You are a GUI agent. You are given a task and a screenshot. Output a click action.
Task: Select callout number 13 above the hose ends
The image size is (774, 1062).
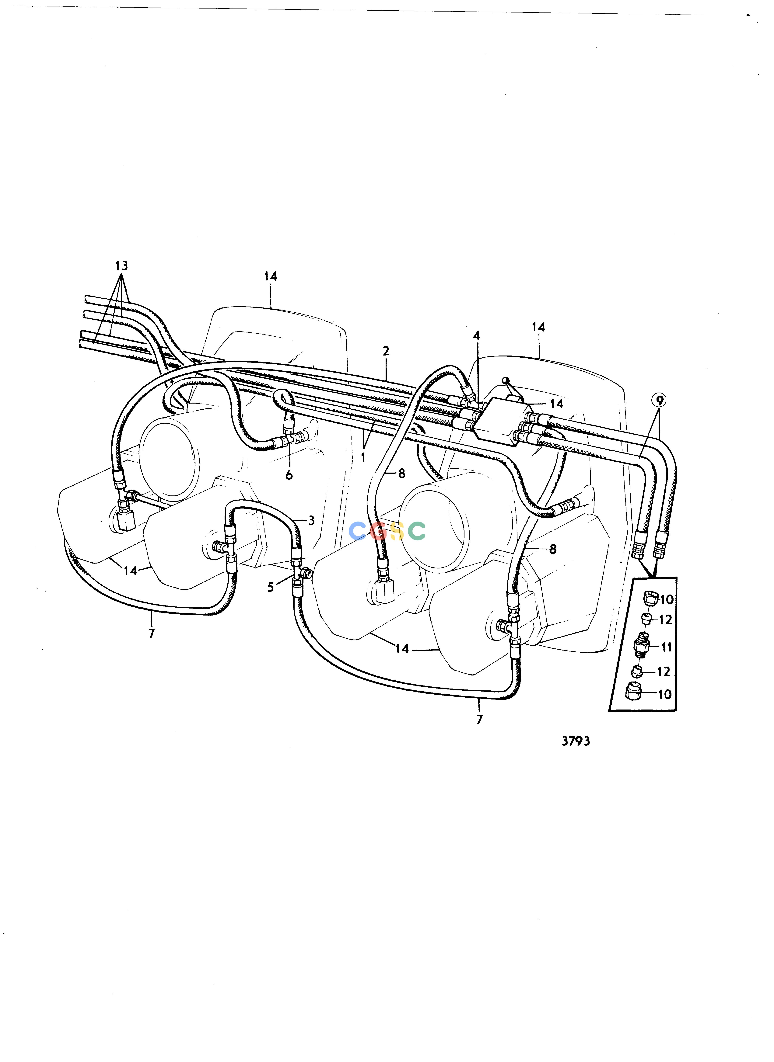pyautogui.click(x=121, y=265)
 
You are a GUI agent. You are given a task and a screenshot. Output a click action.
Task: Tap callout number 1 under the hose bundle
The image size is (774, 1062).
pyautogui.click(x=363, y=456)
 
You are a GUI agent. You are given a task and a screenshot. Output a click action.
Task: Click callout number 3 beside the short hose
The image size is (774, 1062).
pyautogui.click(x=312, y=520)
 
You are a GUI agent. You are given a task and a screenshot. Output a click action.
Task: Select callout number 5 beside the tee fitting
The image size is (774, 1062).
pyautogui.click(x=270, y=587)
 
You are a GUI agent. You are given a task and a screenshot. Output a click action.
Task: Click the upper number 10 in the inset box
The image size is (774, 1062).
pyautogui.click(x=666, y=599)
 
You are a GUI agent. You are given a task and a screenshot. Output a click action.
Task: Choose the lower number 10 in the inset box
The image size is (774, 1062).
pyautogui.click(x=665, y=694)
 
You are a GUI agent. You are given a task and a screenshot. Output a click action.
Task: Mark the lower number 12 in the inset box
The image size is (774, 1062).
pyautogui.click(x=664, y=672)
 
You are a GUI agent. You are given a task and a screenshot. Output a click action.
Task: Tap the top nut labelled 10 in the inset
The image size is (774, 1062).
pyautogui.click(x=651, y=599)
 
